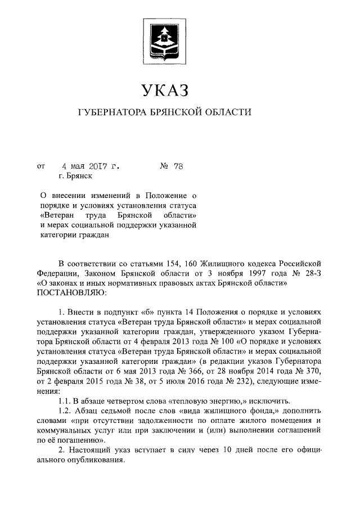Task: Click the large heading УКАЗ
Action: [163, 89]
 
